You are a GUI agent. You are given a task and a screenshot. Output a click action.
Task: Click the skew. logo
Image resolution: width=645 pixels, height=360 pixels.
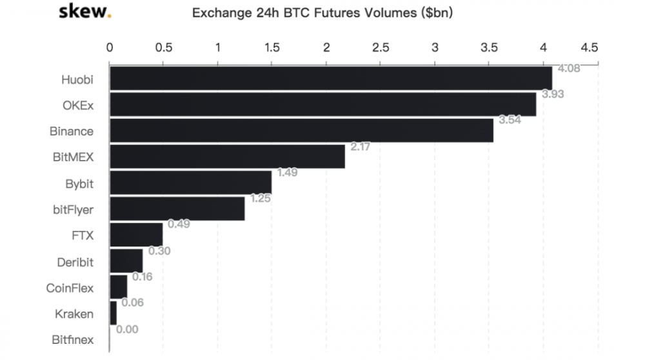[85, 12]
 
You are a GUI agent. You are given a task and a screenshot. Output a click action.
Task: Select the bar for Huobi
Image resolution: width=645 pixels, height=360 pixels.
[330, 78]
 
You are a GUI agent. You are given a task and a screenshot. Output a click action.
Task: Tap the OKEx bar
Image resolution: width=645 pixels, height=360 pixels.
[322, 105]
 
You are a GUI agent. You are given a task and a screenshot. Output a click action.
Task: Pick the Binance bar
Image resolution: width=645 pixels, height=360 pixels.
[301, 131]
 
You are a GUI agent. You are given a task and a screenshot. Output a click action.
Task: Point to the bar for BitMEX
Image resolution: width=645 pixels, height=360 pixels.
[227, 157]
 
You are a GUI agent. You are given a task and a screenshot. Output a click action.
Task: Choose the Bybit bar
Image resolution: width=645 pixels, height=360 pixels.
[190, 183]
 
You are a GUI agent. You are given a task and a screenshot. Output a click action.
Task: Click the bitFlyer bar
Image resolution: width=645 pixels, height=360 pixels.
[177, 209]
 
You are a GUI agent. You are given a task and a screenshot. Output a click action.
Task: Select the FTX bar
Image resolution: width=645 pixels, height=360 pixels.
[136, 235]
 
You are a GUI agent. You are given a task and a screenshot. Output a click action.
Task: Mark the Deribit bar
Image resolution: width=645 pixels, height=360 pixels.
[126, 261]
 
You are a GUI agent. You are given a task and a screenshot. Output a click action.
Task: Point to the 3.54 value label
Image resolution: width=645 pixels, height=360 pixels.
[510, 120]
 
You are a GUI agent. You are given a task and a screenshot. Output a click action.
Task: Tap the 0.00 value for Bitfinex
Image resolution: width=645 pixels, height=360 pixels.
[128, 329]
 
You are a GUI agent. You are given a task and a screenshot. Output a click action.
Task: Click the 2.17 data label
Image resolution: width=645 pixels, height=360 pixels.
[361, 147]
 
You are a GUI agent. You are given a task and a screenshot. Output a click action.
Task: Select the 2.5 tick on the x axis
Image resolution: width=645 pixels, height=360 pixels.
[381, 47]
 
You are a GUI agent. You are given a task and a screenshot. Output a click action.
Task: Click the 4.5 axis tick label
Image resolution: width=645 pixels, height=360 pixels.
[589, 47]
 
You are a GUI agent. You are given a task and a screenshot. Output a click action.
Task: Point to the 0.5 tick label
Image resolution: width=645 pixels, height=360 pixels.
[164, 47]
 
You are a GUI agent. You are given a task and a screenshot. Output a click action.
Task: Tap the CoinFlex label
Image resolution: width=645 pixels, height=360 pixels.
[70, 288]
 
